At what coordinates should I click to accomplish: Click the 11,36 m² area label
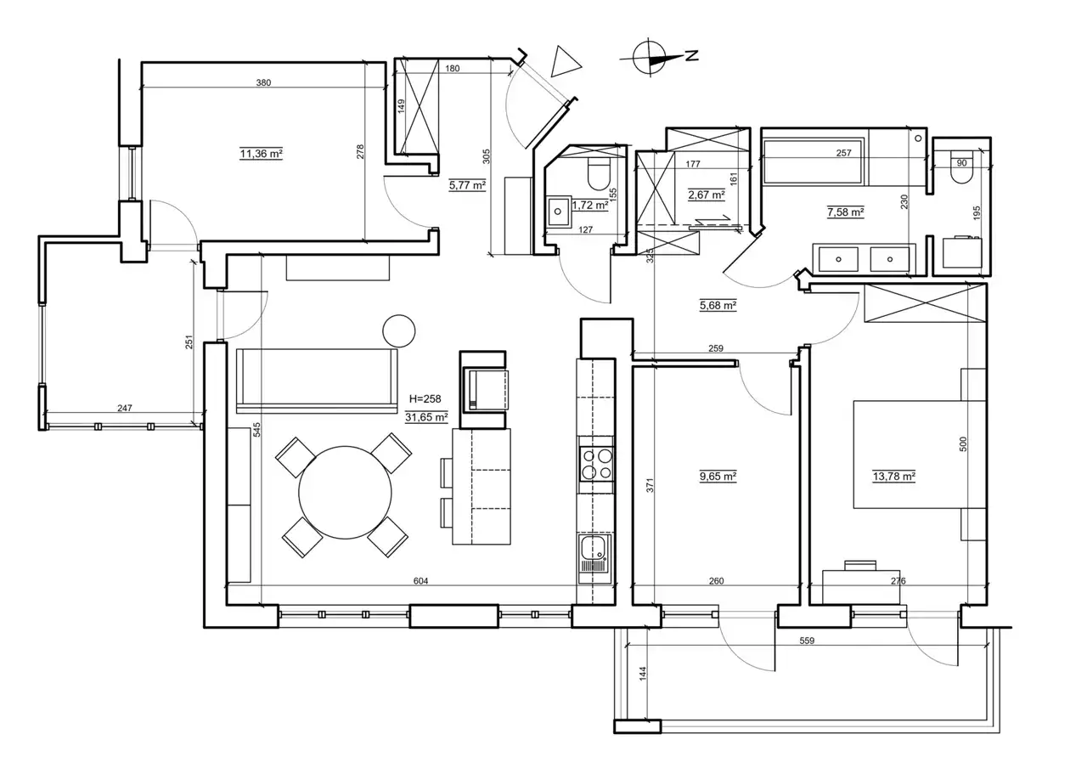[x=261, y=154]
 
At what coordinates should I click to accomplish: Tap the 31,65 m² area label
[x=426, y=417]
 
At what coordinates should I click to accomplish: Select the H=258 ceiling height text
[x=425, y=399]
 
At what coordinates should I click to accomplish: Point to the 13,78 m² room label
[x=894, y=477]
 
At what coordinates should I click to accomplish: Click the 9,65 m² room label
[x=718, y=477]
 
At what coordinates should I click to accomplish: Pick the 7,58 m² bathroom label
[x=845, y=212]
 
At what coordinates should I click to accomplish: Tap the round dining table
[x=345, y=492]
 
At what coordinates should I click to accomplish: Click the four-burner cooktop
[x=596, y=464]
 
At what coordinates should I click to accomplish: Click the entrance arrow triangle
[x=565, y=62]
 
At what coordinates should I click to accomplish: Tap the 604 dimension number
[x=420, y=580]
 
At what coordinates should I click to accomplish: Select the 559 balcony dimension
[x=807, y=641]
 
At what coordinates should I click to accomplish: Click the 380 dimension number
[x=263, y=82]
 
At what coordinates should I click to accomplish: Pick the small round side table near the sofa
[x=399, y=331]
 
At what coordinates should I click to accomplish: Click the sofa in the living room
[x=317, y=381]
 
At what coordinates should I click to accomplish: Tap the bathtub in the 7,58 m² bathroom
[x=813, y=161]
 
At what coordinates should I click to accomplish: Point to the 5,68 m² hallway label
[x=718, y=305]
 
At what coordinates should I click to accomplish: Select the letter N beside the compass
[x=692, y=55]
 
